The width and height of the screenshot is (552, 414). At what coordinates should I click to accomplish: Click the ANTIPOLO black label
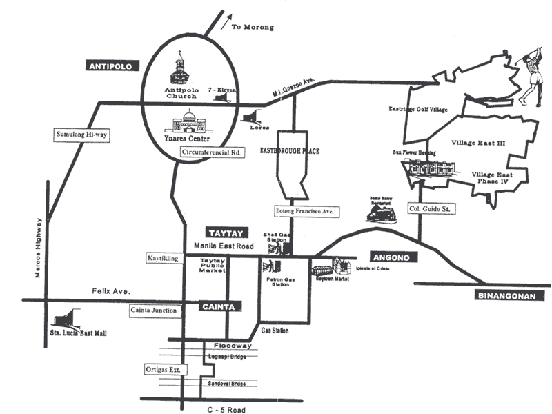tap(112, 66)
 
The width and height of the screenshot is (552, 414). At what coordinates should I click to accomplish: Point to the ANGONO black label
tap(391, 257)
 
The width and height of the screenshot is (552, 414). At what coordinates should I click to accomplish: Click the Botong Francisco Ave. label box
tap(304, 211)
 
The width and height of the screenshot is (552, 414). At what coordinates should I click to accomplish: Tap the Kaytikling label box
tap(163, 258)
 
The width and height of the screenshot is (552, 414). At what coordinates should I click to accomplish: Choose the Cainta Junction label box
tap(153, 310)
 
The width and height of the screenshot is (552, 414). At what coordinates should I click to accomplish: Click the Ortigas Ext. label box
tap(164, 370)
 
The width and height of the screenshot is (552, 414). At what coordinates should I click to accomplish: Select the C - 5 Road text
tap(226, 409)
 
